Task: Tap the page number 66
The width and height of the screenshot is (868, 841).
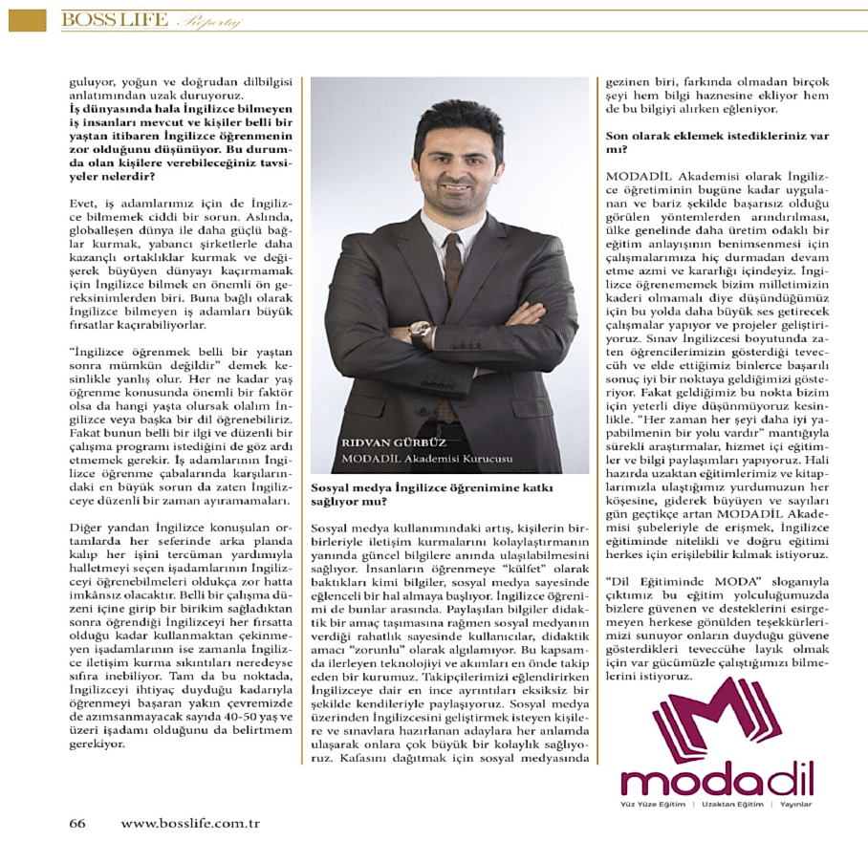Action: pyautogui.click(x=76, y=823)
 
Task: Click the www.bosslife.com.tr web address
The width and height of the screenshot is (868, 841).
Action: pyautogui.click(x=190, y=823)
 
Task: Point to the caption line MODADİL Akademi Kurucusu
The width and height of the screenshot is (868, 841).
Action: pyautogui.click(x=425, y=459)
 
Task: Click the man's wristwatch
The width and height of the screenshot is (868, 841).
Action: pyautogui.click(x=421, y=332)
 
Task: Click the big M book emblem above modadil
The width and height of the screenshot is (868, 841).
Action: pyautogui.click(x=717, y=719)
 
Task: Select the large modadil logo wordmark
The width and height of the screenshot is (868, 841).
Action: pyautogui.click(x=716, y=782)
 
